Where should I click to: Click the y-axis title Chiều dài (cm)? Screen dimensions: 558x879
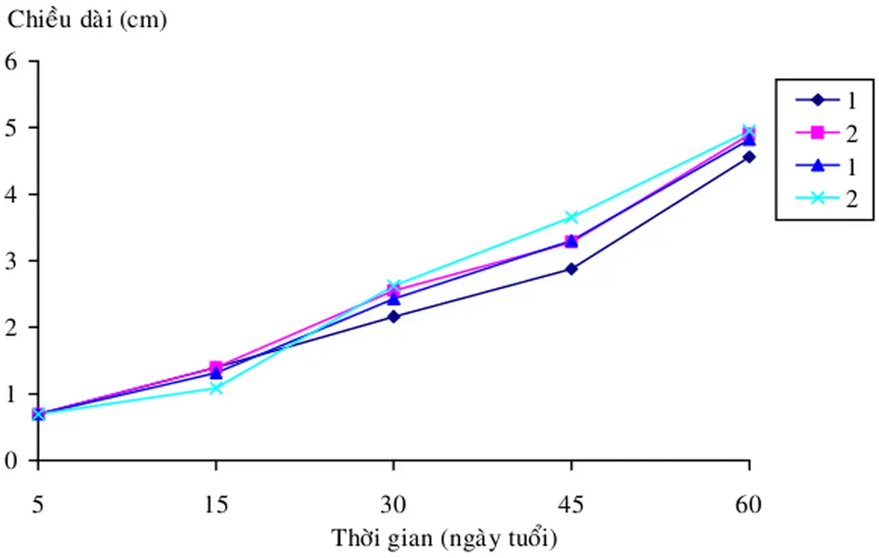click(x=87, y=21)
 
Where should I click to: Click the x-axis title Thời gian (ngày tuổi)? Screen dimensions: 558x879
click(x=444, y=538)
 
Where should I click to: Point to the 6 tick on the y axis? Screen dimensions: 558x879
click(x=12, y=61)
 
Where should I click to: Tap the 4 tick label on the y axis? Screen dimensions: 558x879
click(x=12, y=194)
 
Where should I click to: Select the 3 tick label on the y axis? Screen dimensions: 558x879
click(x=12, y=261)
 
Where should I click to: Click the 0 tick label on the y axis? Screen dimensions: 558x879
click(x=12, y=460)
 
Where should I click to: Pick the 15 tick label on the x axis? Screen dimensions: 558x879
click(x=216, y=504)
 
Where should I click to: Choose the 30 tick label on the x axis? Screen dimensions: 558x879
click(x=394, y=504)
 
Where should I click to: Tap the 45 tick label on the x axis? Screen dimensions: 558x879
click(x=571, y=504)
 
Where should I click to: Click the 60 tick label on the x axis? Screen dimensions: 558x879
click(x=749, y=504)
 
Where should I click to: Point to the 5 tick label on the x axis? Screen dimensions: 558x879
click(x=38, y=504)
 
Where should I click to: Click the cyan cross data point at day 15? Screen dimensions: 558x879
click(x=216, y=388)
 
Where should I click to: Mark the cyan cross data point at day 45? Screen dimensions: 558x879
click(x=571, y=217)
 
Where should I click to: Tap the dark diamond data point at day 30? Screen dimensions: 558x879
click(x=394, y=316)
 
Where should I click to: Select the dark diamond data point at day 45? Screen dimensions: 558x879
click(x=571, y=268)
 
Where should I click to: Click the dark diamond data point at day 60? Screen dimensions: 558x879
click(x=749, y=156)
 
